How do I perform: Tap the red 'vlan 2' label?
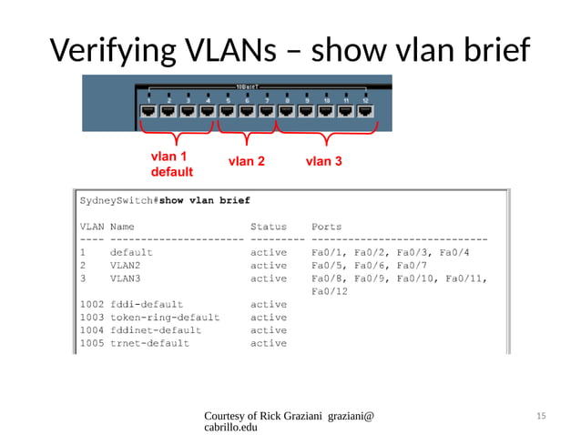click(x=246, y=162)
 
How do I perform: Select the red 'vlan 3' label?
click(x=324, y=162)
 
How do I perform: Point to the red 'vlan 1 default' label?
click(x=171, y=164)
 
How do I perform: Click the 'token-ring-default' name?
click(x=164, y=318)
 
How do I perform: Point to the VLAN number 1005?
click(x=92, y=343)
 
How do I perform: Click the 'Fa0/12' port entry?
click(x=330, y=291)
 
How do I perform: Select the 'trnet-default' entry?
click(x=149, y=343)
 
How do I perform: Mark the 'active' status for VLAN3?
click(x=269, y=278)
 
